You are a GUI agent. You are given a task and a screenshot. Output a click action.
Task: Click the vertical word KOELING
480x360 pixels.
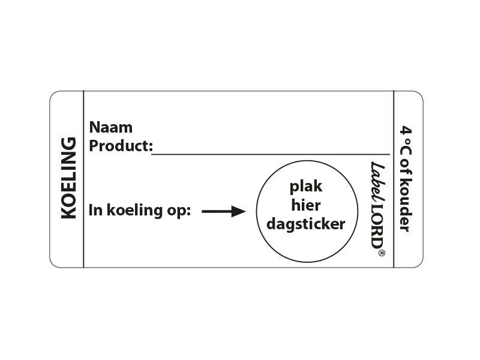point(68,178)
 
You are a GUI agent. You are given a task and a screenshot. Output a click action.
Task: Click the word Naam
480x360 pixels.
point(111,127)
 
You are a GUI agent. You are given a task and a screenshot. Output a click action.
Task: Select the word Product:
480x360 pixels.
point(121,146)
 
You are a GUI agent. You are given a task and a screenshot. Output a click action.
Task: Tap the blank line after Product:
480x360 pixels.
point(271,154)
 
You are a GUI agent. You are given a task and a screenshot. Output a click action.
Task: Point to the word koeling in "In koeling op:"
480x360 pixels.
point(134,210)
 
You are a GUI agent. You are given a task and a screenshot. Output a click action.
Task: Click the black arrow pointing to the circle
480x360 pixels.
point(223,211)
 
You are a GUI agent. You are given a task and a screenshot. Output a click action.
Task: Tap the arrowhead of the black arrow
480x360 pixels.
point(239,211)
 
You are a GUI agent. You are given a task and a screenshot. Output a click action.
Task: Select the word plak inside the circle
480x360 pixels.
point(306,186)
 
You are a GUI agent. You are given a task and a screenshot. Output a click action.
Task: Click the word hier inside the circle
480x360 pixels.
point(306,205)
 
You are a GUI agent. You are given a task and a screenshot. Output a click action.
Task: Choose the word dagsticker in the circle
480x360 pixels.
point(306,224)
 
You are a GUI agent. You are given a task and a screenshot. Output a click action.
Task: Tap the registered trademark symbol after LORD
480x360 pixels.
point(382,253)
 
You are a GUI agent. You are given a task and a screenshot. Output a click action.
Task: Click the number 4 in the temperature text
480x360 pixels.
point(406,130)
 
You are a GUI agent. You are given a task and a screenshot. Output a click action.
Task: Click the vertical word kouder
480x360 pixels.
point(406,205)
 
